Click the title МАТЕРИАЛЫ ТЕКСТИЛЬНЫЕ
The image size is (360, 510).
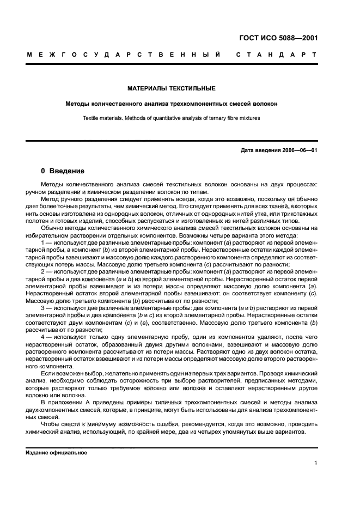click(172, 88)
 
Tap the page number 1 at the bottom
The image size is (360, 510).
click(316, 463)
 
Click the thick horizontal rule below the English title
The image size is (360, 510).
click(172, 141)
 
